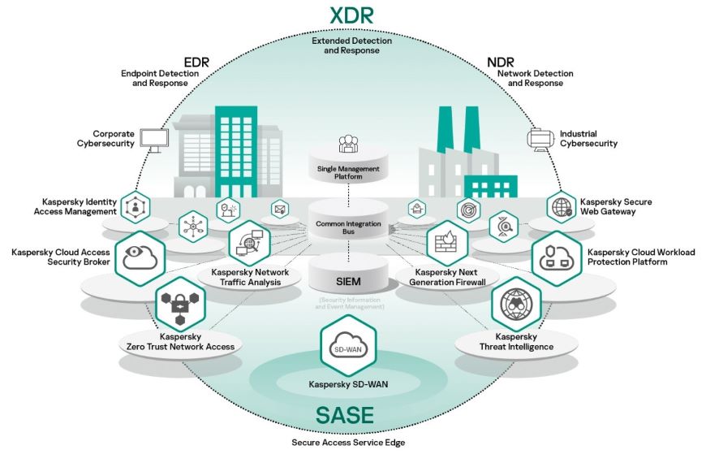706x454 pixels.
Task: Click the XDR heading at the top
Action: pyautogui.click(x=351, y=15)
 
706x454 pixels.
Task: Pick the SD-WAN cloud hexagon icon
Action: pyautogui.click(x=348, y=347)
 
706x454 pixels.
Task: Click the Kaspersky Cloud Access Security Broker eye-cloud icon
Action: pyautogui.click(x=140, y=257)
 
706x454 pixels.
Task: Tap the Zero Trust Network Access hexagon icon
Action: pyautogui.click(x=180, y=305)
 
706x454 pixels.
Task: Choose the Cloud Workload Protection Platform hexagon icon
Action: pyautogui.click(x=556, y=258)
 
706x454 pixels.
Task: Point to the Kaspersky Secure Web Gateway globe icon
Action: pyautogui.click(x=561, y=207)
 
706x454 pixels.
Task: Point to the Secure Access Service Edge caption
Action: pyautogui.click(x=348, y=443)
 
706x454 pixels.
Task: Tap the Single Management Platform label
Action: pyautogui.click(x=349, y=173)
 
